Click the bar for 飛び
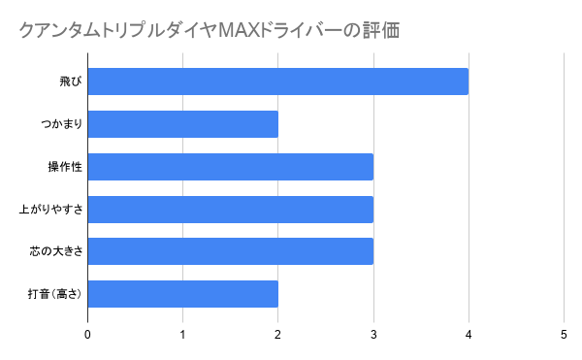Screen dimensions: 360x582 (x=278, y=82)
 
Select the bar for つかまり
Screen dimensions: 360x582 (x=183, y=124)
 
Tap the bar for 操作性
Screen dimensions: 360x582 (x=231, y=167)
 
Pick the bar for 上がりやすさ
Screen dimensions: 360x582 (x=231, y=210)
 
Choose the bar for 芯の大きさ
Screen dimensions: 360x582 (x=231, y=251)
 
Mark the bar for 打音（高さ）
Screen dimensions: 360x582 (x=183, y=294)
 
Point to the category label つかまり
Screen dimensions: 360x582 (x=56, y=124)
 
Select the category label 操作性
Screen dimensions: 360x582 (x=64, y=167)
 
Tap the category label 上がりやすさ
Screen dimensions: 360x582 (x=50, y=210)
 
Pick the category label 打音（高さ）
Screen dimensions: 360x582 (x=52, y=294)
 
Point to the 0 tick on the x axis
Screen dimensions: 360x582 (x=88, y=335)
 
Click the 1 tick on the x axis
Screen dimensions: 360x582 (x=183, y=335)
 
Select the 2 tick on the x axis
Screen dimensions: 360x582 (x=278, y=335)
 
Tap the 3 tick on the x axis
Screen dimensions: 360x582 (x=373, y=335)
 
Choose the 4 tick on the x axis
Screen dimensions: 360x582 (x=469, y=335)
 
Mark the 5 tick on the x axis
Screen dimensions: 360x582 (x=564, y=335)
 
